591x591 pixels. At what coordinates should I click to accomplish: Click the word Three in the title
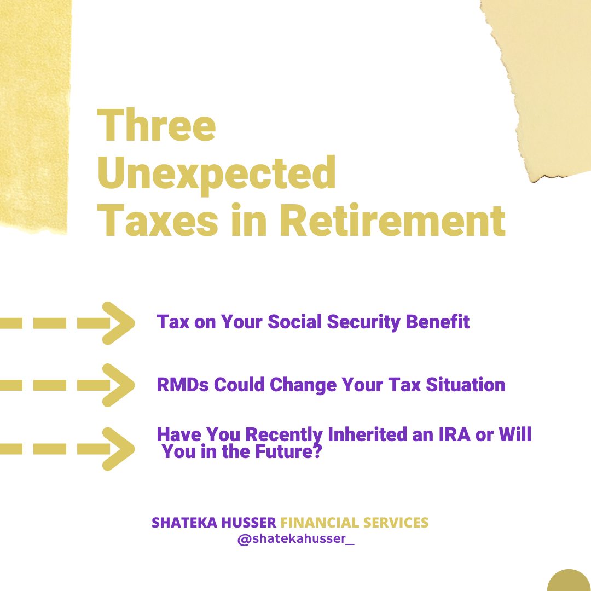coord(157,125)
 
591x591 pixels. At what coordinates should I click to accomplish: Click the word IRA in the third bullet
coord(455,434)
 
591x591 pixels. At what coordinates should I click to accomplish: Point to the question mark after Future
coord(317,451)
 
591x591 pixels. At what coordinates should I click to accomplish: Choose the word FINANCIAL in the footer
coord(320,523)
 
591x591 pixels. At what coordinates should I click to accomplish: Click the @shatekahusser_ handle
coord(296,539)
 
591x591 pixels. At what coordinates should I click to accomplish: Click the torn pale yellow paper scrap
coord(547,76)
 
